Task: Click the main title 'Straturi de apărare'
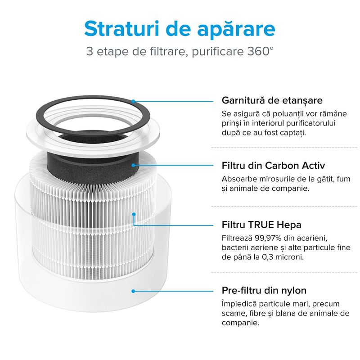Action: (x=180, y=28)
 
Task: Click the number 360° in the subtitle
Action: (x=256, y=51)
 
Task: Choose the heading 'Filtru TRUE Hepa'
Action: (x=261, y=224)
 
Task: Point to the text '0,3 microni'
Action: (x=283, y=257)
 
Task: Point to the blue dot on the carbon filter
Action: (x=134, y=165)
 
